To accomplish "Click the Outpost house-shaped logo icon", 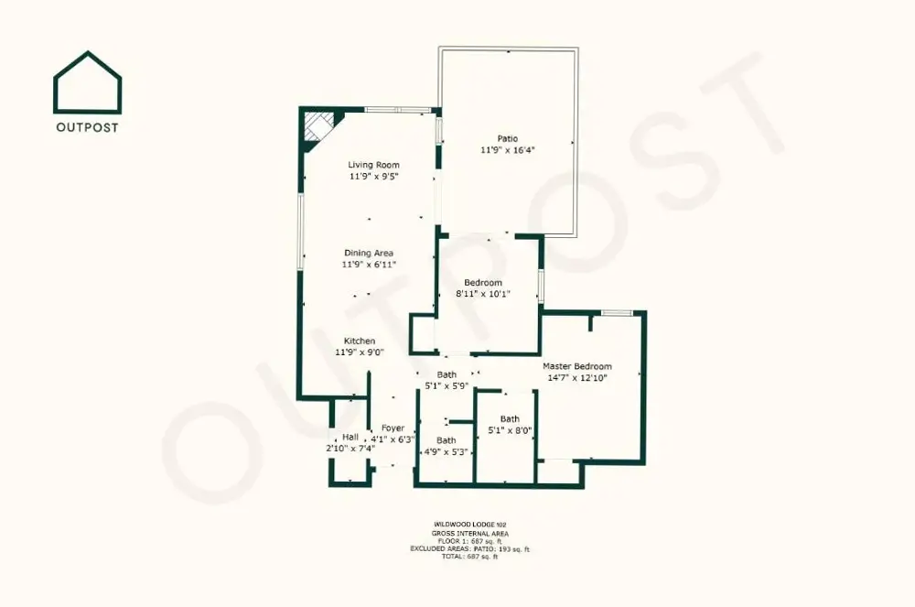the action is tap(88, 81).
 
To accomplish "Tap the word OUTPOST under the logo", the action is tap(88, 127).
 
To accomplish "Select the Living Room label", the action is tap(374, 165).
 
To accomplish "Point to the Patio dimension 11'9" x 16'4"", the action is tap(508, 150).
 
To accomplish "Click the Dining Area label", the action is tap(369, 253).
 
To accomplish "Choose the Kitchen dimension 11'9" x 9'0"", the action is tap(360, 352).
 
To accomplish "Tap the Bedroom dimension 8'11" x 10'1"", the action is tap(483, 294).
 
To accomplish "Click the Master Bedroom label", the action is tap(577, 366).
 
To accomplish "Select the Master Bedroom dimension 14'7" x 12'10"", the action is tap(577, 377).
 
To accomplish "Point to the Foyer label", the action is tap(393, 428).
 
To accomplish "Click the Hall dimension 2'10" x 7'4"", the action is tap(350, 449).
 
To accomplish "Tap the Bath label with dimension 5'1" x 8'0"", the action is tap(510, 418).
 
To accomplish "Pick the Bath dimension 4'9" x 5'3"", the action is tap(447, 451).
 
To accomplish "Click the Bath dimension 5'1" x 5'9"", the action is tap(447, 385).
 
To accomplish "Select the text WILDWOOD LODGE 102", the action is tap(470, 525).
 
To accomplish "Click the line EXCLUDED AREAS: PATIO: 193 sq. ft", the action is tap(469, 548).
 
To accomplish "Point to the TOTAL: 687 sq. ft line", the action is tap(469, 557).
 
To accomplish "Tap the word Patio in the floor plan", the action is tap(508, 138).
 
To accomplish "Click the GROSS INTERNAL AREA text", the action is tap(470, 534).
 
